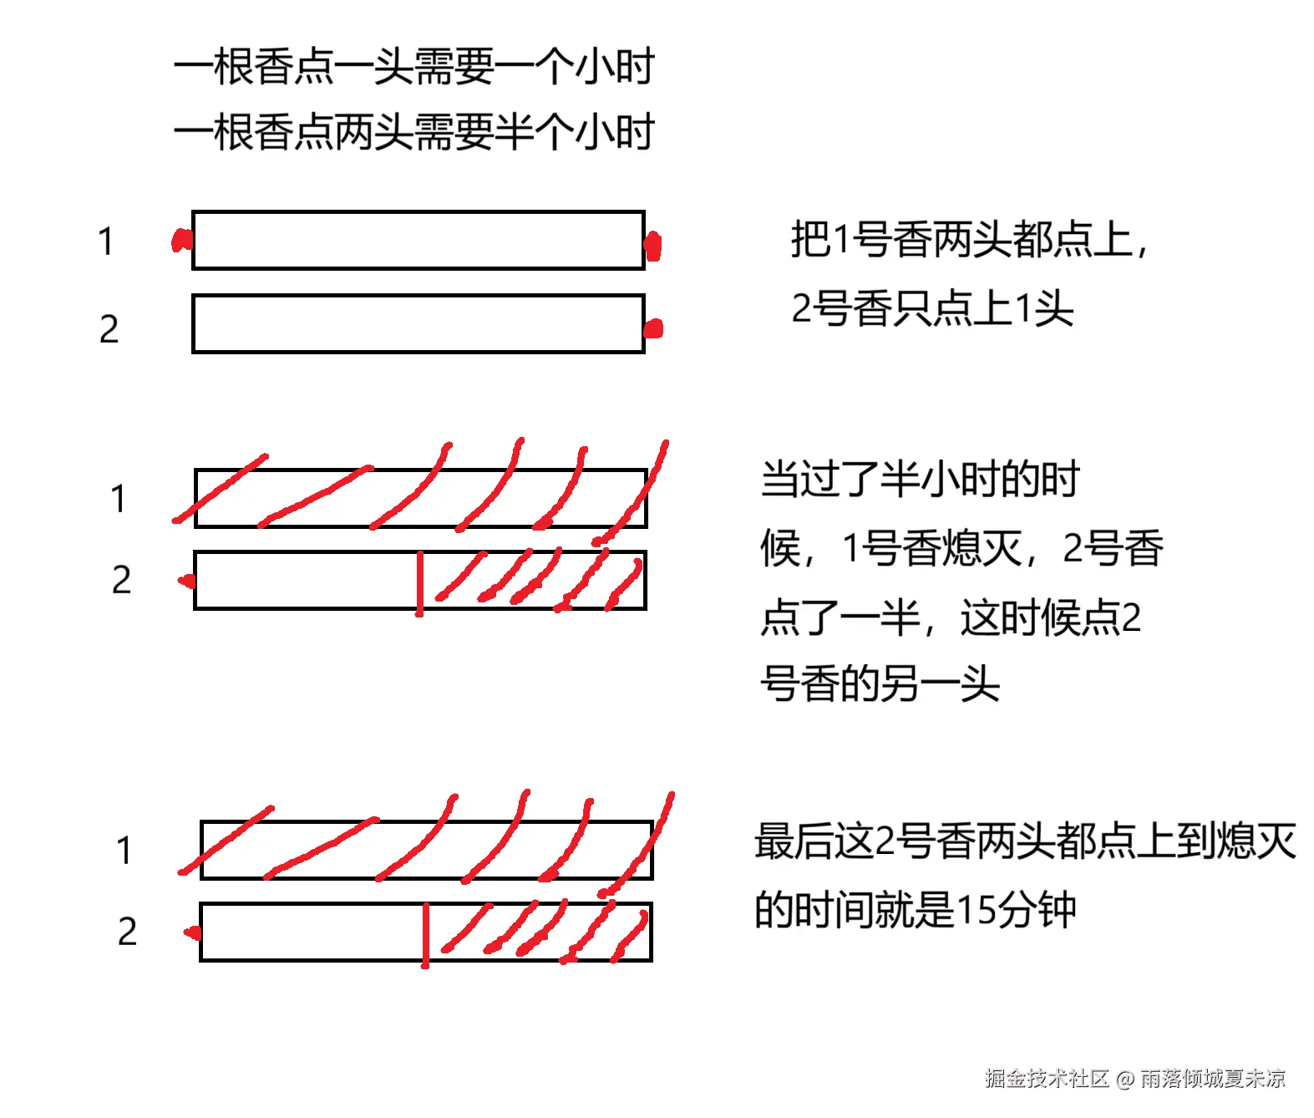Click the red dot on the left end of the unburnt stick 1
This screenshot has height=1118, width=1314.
[x=180, y=241]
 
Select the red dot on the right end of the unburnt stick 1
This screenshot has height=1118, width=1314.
[x=652, y=246]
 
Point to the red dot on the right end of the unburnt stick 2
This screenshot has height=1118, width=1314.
[x=653, y=328]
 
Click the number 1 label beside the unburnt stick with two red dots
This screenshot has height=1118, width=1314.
[x=105, y=242]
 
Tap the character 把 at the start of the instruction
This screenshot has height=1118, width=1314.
[x=809, y=240]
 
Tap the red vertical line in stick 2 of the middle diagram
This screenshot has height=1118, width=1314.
[x=419, y=583]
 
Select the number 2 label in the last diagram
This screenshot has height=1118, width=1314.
[x=127, y=932]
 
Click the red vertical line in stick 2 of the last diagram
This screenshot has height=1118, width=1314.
[x=425, y=934]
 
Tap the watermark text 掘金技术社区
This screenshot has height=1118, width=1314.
[x=1046, y=1079]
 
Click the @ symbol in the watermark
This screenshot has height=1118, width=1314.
[x=1124, y=1080]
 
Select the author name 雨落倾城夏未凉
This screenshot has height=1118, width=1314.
[x=1212, y=1079]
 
